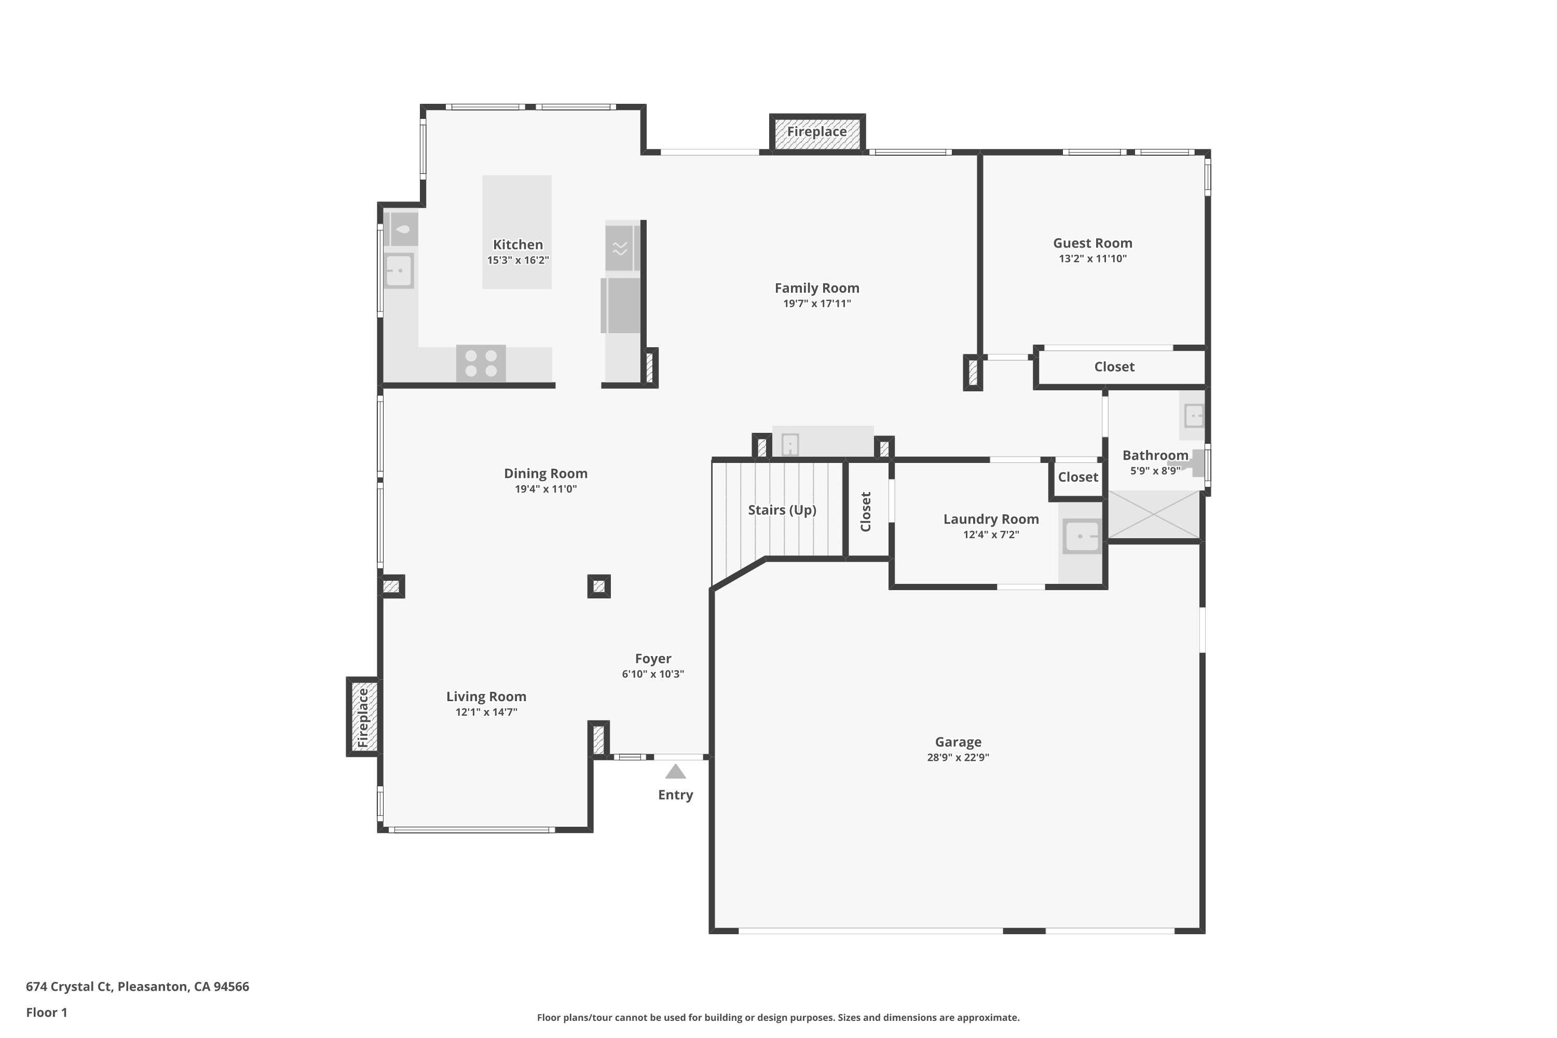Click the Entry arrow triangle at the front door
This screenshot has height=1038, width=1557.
pos(675,771)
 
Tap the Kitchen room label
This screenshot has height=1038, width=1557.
pos(517,244)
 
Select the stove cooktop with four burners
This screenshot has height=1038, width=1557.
pos(481,363)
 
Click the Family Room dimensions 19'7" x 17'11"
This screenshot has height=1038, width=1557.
pos(817,304)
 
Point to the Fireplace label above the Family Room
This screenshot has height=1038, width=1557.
pos(817,132)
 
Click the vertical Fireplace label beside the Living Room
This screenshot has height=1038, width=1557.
pos(363,718)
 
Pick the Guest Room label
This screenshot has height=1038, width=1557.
pos(1092,243)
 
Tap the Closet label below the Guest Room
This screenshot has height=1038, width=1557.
pos(1114,367)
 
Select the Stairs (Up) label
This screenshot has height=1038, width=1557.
pos(782,510)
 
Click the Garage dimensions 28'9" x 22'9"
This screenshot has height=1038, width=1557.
pos(958,757)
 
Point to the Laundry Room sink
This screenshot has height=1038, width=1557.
pos(1081,536)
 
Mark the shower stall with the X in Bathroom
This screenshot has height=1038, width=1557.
pos(1154,514)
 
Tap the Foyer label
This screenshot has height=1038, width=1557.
pos(653,659)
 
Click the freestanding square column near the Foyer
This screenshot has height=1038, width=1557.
pos(599,586)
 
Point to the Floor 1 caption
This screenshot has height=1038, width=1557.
pos(46,1012)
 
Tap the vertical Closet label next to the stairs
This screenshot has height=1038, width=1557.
pos(866,511)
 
